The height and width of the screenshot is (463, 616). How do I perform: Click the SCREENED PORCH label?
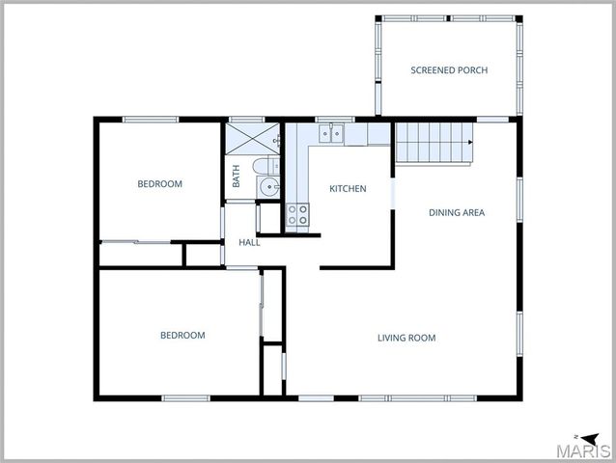pyautogui.click(x=449, y=70)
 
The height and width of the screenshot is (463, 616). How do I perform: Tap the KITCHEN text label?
pyautogui.click(x=348, y=188)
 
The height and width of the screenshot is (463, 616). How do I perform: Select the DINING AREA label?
pyautogui.click(x=457, y=212)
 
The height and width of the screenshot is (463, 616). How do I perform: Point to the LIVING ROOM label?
pyautogui.click(x=406, y=338)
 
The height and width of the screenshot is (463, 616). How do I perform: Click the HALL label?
pyautogui.click(x=249, y=242)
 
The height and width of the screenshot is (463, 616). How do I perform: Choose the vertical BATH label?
pyautogui.click(x=236, y=177)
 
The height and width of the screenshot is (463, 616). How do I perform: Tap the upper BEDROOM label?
pyautogui.click(x=159, y=183)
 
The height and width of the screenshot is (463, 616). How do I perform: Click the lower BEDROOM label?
pyautogui.click(x=182, y=336)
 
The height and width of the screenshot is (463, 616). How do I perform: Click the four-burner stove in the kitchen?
pyautogui.click(x=297, y=215)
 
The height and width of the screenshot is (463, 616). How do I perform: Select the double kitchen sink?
pyautogui.click(x=331, y=134)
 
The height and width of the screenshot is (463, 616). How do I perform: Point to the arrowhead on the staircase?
pyautogui.click(x=469, y=143)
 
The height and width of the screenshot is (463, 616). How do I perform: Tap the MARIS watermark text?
pyautogui.click(x=586, y=450)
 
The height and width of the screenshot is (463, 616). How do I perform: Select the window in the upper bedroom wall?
pyautogui.click(x=151, y=120)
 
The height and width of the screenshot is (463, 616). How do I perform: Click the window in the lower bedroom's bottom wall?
pyautogui.click(x=185, y=397)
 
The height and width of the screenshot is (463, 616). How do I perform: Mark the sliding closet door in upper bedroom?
pyautogui.click(x=137, y=241)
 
